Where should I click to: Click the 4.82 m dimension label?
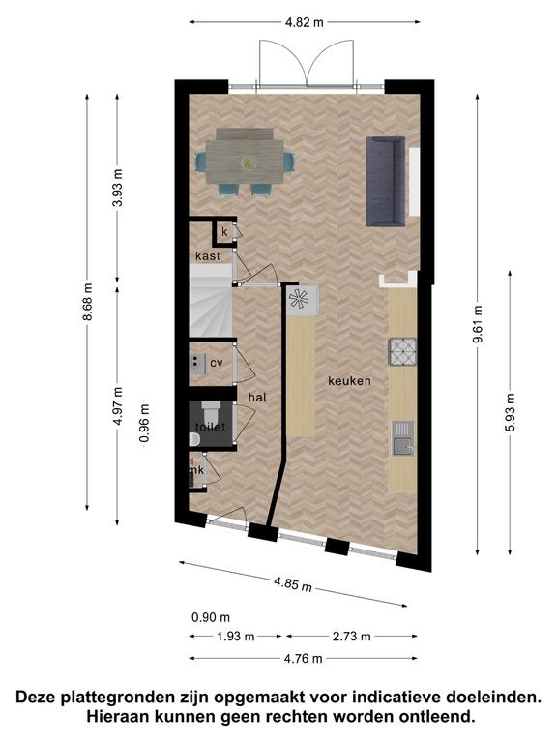point(304,22)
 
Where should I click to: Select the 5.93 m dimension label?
point(511,412)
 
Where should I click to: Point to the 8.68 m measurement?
point(87,302)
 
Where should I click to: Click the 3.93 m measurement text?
point(117,187)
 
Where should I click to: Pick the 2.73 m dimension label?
point(351,637)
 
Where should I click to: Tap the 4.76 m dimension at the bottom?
point(303,658)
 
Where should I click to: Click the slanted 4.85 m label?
point(293,584)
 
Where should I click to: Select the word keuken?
point(349,381)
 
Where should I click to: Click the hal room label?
point(257,398)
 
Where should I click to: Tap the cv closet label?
point(217,364)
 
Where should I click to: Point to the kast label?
point(208,255)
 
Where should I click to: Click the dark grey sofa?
point(386,182)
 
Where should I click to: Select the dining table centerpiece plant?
point(249,163)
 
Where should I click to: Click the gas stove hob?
point(402,351)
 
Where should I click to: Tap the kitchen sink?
point(402,438)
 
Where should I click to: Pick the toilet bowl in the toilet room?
point(194,440)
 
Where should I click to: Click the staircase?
point(211,301)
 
